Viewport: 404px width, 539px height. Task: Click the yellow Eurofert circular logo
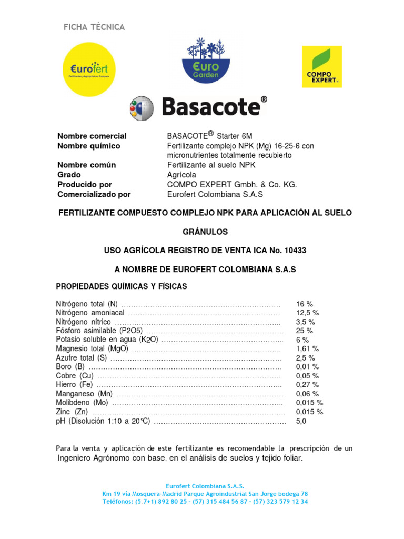[x=89, y=69]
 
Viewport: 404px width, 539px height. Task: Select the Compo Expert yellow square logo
[x=321, y=66]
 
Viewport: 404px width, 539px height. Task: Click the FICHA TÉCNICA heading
[x=94, y=27]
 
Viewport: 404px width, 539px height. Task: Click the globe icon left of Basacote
[x=142, y=108]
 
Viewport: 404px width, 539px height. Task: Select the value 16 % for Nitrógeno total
[x=304, y=304]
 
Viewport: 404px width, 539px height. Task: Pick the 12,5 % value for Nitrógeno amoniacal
[x=307, y=313]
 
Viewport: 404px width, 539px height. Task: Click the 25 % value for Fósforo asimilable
[x=304, y=331]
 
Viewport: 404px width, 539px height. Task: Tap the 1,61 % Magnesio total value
[x=307, y=349]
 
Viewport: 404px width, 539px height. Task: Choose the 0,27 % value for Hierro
[x=307, y=385]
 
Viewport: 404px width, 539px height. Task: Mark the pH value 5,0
[x=301, y=421]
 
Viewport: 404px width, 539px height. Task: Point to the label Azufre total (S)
[x=81, y=358]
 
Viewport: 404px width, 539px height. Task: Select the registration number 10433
[x=296, y=251]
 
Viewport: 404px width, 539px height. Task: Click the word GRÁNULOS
[x=205, y=232]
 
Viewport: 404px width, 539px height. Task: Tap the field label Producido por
[x=85, y=184]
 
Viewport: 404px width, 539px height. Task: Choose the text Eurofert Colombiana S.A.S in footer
[x=205, y=486]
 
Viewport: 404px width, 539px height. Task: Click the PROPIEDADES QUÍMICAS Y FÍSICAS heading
[x=122, y=286]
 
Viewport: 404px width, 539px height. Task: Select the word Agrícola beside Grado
[x=181, y=175]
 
